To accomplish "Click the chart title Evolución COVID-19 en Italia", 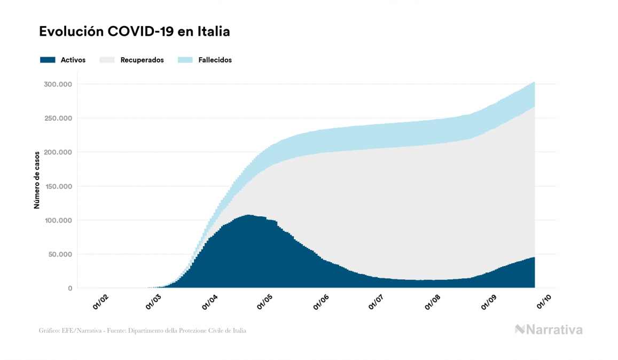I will tap(135, 32).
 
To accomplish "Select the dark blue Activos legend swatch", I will tap(48, 60).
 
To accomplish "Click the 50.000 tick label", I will tap(58, 254).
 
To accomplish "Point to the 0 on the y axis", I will tap(69, 288).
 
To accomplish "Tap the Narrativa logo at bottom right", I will tap(549, 330).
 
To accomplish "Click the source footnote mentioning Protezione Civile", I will tap(143, 331).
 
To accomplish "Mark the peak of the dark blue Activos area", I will tap(248, 216).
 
